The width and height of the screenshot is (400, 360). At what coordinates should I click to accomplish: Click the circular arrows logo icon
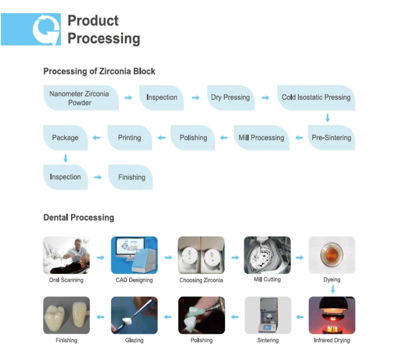46,29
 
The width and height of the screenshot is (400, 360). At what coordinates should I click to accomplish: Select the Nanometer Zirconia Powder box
81,98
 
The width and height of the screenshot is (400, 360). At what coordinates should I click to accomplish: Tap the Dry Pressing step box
230,97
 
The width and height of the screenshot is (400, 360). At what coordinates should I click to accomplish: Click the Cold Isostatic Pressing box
316,97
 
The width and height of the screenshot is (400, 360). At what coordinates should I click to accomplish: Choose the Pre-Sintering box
331,138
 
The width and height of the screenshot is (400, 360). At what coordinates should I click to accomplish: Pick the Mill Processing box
262,138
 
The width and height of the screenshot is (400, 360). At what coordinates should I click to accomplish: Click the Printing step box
130,138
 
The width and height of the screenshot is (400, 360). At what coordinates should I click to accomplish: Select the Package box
66,138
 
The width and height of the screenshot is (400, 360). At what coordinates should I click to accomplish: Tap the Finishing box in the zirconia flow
131,177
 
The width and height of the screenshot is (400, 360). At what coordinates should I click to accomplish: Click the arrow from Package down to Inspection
66,158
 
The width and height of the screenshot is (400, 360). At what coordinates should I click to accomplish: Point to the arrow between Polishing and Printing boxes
162,138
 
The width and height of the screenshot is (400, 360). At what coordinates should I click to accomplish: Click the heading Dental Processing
79,217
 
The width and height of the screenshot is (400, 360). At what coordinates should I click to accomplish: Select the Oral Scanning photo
66,255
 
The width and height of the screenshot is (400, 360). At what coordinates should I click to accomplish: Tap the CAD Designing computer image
134,255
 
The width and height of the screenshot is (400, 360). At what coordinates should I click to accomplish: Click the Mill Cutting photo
267,255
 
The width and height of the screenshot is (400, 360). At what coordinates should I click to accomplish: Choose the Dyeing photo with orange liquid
332,255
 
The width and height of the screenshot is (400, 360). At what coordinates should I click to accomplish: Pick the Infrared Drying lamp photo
332,315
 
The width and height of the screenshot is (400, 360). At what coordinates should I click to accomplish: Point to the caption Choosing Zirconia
201,280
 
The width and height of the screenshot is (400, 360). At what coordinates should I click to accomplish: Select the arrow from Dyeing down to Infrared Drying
333,289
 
